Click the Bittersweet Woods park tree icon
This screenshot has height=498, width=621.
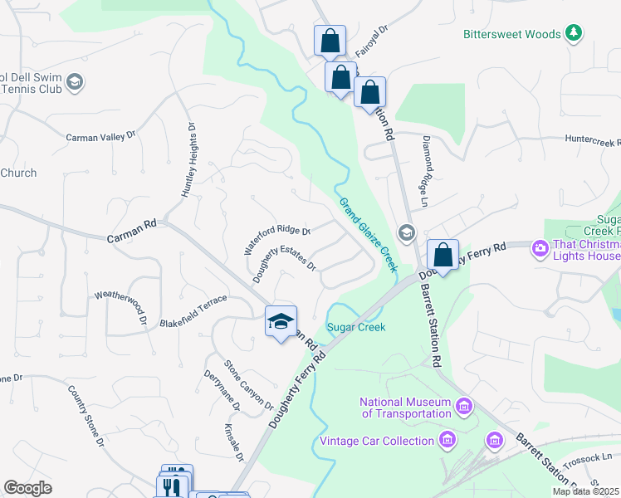[x=573, y=33]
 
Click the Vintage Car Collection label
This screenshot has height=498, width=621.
[x=377, y=441]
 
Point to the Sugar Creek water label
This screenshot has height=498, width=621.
[x=356, y=327]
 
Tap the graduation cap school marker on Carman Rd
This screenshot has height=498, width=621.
[x=281, y=321]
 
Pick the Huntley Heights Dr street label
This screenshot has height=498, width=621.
[x=188, y=161]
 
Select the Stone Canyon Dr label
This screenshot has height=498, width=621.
[x=248, y=385]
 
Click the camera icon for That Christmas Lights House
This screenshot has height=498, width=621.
[x=540, y=248]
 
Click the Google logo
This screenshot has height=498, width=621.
[x=27, y=488]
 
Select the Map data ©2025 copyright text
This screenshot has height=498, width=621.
[x=585, y=491]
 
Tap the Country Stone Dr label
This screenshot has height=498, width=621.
[x=86, y=417]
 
